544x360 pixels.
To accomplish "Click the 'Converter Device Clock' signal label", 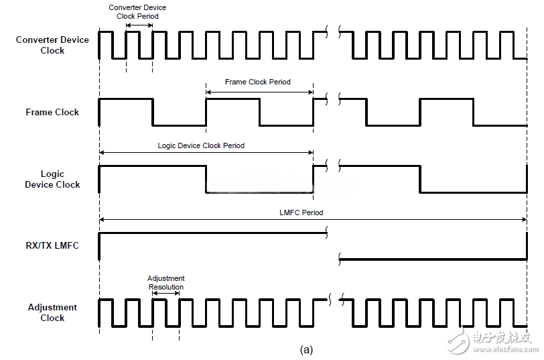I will click(x=52, y=45).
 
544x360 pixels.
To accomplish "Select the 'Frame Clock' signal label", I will click(x=52, y=112).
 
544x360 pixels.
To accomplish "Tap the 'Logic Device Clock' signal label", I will click(x=52, y=179).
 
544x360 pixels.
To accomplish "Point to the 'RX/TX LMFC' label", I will click(x=52, y=245).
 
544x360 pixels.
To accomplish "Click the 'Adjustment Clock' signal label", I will click(x=52, y=312).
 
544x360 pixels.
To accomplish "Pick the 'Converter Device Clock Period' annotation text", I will click(x=137, y=11).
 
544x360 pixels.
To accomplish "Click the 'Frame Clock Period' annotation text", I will click(x=258, y=82).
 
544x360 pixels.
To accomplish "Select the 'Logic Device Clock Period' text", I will click(x=201, y=145).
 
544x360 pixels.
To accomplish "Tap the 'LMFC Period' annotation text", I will click(x=301, y=213).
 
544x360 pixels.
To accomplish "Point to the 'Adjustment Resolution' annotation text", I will click(x=165, y=282).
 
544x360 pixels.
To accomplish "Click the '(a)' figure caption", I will click(x=306, y=349).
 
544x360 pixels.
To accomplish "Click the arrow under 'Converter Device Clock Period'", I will click(x=139, y=25).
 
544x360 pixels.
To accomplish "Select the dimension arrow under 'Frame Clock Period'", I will click(x=259, y=92).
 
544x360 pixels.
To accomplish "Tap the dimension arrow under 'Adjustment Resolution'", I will click(x=165, y=293).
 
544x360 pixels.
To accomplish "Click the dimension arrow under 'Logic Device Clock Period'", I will click(x=206, y=155).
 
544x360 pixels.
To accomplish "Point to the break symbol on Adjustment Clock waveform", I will click(x=333, y=300).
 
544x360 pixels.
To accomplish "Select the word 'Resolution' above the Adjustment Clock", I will click(x=165, y=287).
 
